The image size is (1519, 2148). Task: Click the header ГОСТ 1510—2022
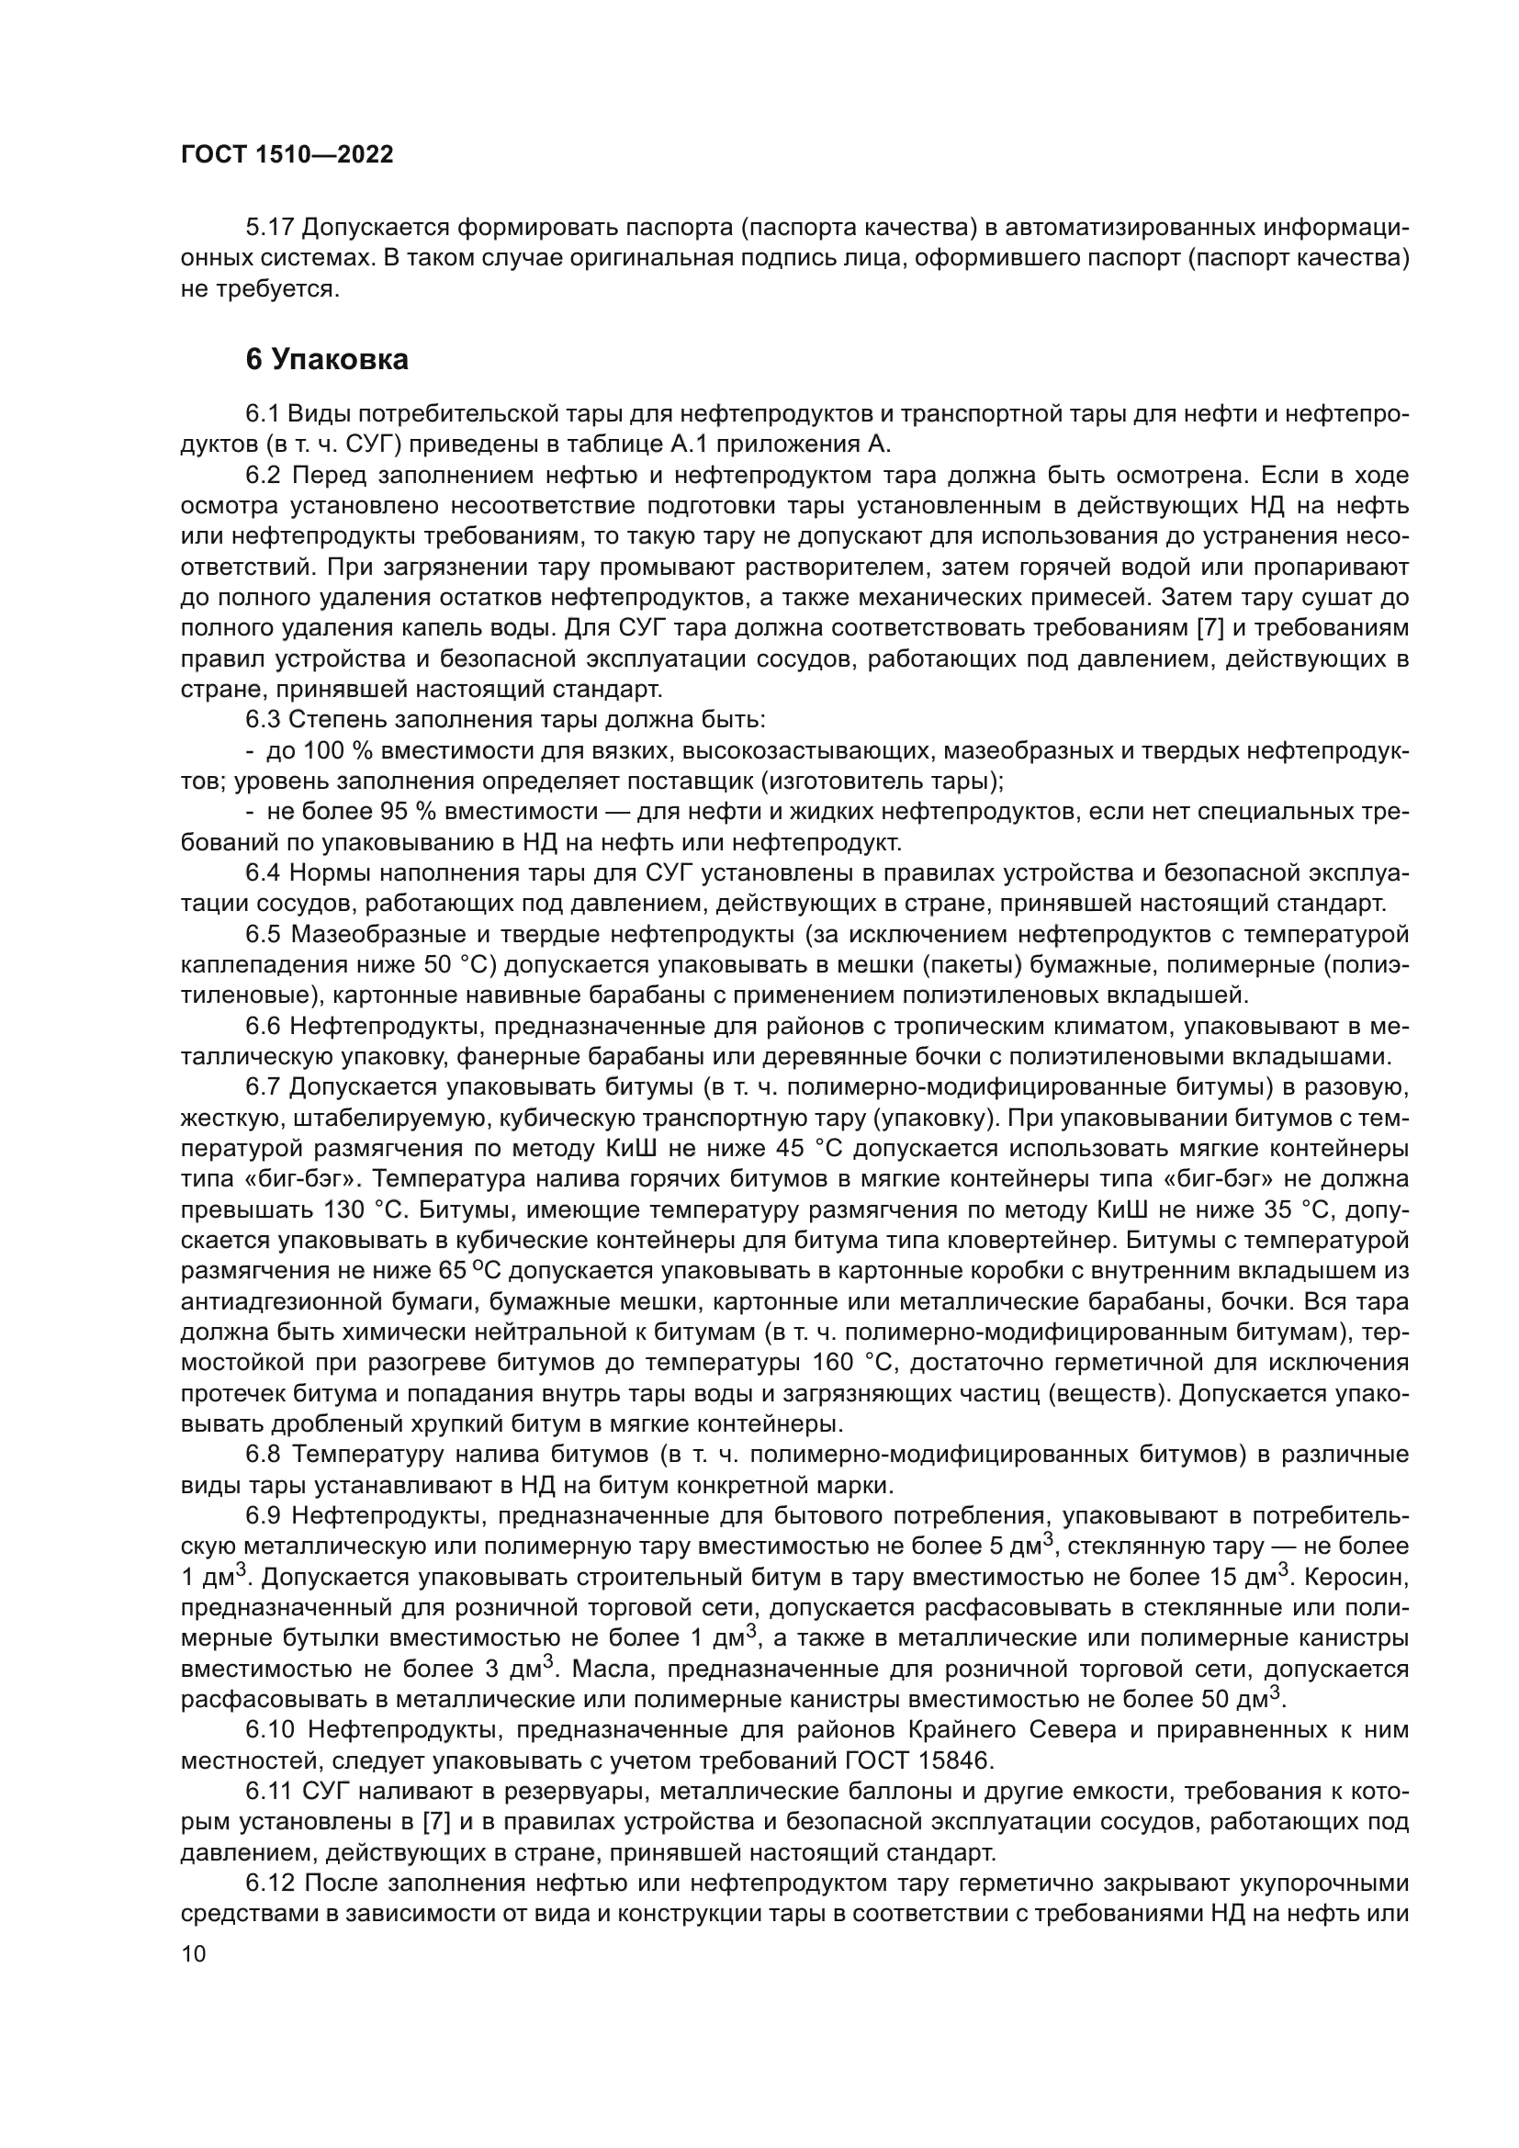coord(287,155)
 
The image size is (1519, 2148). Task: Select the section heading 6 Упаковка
coord(326,360)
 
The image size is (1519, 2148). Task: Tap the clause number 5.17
coord(270,228)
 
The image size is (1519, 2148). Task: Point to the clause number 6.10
coord(270,1731)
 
